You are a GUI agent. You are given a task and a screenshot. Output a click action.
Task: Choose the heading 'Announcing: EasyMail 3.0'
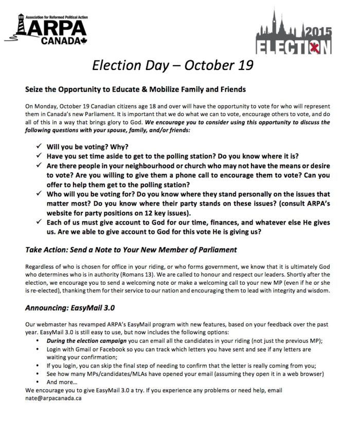[x=73, y=308]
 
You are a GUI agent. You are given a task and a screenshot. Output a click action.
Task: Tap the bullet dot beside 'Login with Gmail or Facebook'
[x=40, y=349]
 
